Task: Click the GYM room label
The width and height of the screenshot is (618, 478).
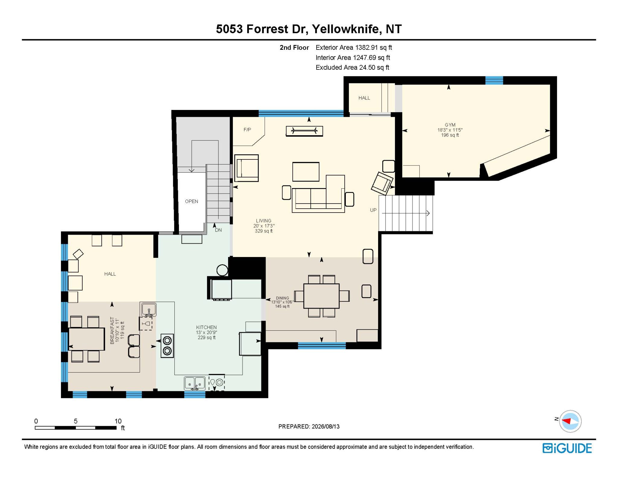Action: (x=450, y=125)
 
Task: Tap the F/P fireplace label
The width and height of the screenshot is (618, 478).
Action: (x=247, y=130)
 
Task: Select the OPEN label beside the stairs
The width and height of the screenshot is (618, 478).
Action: (x=192, y=201)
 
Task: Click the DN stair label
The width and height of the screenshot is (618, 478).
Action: (x=218, y=230)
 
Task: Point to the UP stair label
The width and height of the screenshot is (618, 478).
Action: (x=373, y=210)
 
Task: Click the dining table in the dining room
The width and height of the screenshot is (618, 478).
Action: (x=322, y=296)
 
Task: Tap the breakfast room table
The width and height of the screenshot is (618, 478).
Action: (x=87, y=339)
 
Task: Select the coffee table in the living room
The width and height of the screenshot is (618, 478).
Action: (x=306, y=172)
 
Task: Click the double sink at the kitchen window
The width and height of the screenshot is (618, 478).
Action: (x=195, y=383)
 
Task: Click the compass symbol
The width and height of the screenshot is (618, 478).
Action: (x=570, y=421)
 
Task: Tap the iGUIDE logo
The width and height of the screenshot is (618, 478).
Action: (x=567, y=448)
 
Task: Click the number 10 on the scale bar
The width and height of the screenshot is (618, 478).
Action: (x=118, y=421)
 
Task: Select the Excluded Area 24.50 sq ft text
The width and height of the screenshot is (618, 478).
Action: (x=352, y=67)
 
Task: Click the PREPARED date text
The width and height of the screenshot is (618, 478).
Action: (x=309, y=426)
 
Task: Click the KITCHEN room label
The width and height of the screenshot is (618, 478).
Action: (x=206, y=327)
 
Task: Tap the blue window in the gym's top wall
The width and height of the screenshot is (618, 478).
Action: (x=494, y=80)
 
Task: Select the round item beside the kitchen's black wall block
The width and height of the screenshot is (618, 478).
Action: (x=222, y=270)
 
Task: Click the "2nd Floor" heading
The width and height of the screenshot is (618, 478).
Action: (x=294, y=47)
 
